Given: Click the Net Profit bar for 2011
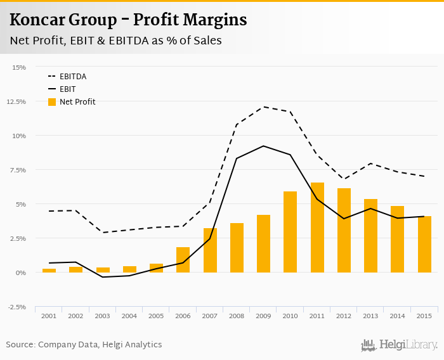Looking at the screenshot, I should coord(317,228).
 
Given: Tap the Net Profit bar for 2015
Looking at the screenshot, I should coord(424,245).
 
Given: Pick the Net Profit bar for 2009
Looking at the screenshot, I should coord(263,244).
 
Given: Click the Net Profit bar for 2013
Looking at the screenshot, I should coord(370,236).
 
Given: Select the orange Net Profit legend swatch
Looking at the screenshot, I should coord(52,102).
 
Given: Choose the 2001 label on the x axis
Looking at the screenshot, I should coord(49,316).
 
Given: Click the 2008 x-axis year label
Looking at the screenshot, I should coord(237,316).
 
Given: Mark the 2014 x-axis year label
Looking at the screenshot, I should coord(397,316).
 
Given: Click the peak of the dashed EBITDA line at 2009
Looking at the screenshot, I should coord(263,106).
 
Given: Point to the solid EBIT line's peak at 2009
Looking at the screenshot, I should coord(263,146).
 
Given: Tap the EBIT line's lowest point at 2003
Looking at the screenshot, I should coord(103,277).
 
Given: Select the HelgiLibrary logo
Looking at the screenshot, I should coord(400,345).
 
